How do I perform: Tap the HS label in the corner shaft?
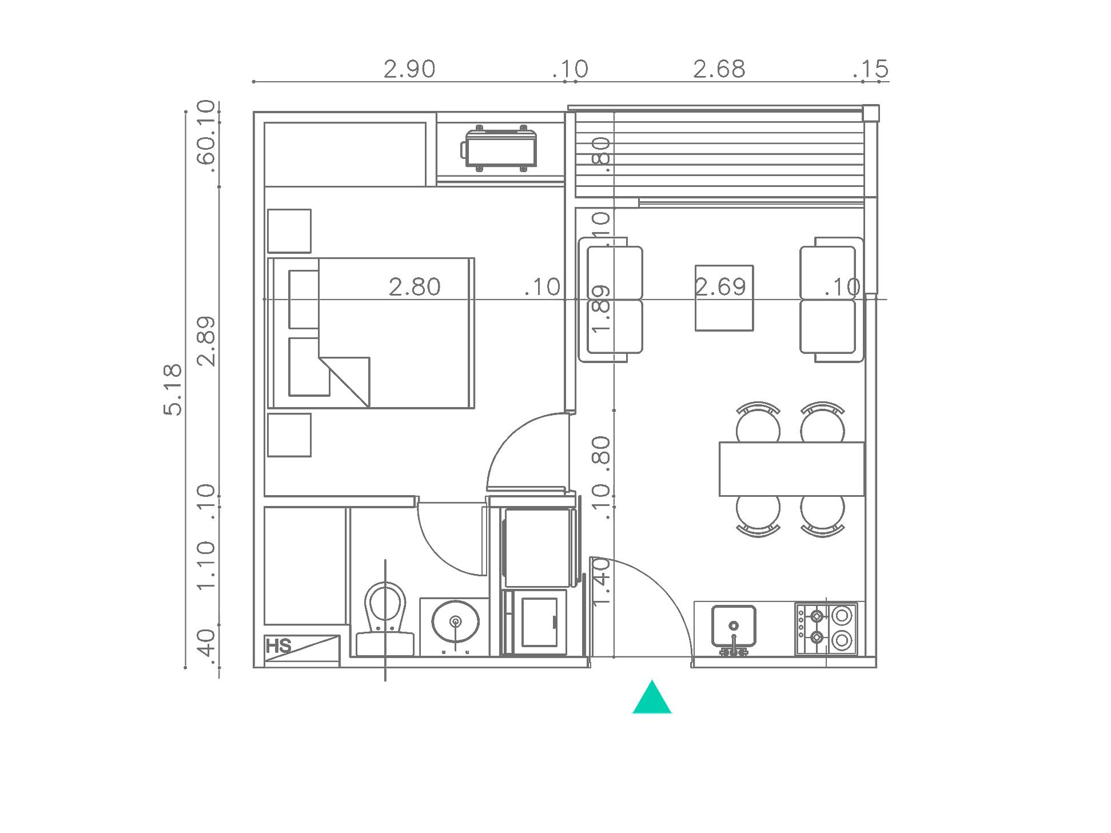278,647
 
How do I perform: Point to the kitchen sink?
734,629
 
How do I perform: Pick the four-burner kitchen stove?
826,629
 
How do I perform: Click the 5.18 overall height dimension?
173,389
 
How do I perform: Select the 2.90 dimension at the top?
409,69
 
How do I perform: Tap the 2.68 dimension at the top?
719,69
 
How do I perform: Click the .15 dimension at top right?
871,69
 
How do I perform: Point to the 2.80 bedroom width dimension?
415,287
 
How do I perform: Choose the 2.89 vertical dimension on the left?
206,341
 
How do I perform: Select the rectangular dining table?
792,469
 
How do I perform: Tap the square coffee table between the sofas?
724,298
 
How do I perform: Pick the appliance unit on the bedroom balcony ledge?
499,149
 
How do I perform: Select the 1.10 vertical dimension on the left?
206,566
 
